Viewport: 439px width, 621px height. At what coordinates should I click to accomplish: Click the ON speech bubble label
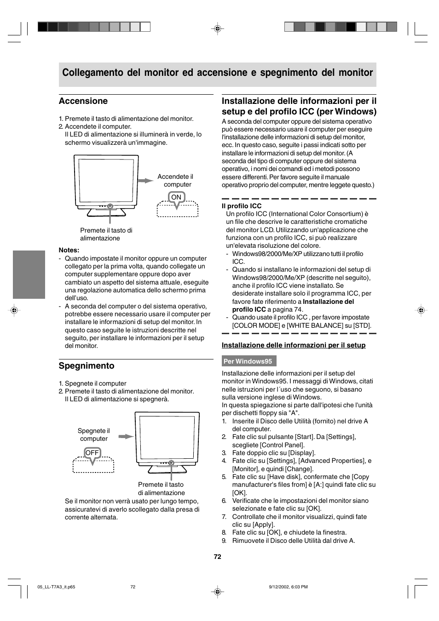[x=176, y=197]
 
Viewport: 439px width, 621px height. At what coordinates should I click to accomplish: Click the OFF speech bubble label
[x=92, y=453]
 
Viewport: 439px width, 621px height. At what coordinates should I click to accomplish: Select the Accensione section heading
[x=83, y=101]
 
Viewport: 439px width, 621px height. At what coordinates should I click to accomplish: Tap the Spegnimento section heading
[x=87, y=366]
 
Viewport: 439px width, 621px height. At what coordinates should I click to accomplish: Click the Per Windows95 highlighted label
[x=248, y=361]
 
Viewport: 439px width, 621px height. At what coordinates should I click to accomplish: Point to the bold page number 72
[x=218, y=557]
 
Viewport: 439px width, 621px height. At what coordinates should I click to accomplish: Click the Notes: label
[x=69, y=250]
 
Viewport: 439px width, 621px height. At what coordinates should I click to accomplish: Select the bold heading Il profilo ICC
[x=242, y=206]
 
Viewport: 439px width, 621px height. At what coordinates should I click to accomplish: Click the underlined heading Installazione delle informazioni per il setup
[x=294, y=345]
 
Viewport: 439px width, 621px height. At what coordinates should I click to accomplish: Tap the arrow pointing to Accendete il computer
[x=146, y=181]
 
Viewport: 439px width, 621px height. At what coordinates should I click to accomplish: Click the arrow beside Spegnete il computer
[x=126, y=436]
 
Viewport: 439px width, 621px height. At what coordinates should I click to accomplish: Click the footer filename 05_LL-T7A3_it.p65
[x=56, y=587]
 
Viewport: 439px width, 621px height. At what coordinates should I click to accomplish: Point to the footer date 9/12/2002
[x=278, y=587]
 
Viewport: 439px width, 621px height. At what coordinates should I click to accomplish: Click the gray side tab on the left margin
[x=29, y=274]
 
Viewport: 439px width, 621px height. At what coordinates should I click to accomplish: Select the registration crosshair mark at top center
[x=218, y=28]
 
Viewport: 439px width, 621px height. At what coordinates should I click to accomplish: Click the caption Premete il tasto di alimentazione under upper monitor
[x=106, y=234]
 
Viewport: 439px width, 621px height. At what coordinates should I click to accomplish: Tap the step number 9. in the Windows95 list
[x=224, y=541]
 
